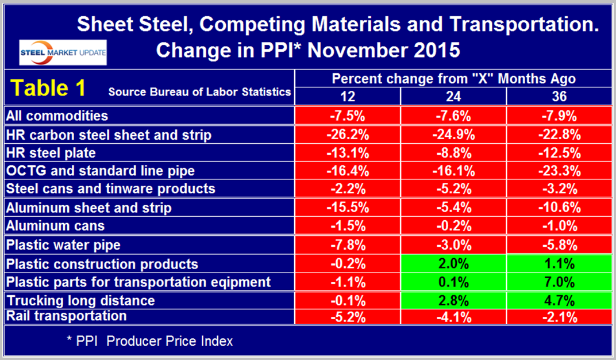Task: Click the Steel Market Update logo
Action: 63,51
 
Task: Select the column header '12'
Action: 348,96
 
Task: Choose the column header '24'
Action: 453,96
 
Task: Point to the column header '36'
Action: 559,96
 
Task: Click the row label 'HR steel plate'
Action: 51,154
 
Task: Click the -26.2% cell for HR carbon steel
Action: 348,136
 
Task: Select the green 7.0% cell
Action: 559,282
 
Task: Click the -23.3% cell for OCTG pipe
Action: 559,171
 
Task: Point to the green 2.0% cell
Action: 453,263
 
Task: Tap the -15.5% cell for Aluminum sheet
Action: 348,208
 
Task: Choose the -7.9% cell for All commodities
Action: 559,116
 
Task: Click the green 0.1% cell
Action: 453,282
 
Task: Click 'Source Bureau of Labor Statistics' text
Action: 199,92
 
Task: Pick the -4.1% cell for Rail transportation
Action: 453,316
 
